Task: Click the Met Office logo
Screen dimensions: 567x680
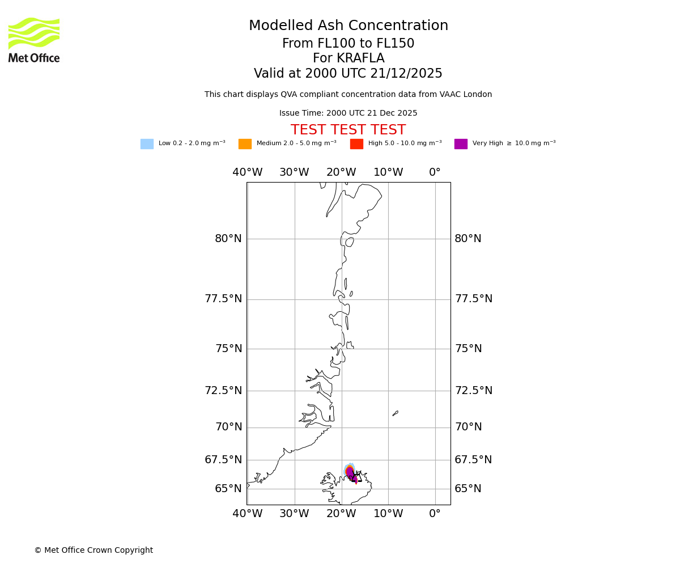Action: coord(34,40)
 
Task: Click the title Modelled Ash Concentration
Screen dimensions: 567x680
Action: coord(348,26)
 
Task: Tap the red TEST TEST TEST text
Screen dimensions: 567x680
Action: coord(348,130)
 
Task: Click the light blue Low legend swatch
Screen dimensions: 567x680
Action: coord(147,144)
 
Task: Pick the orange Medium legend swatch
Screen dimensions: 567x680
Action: coord(245,144)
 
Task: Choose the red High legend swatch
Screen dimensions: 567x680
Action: coord(356,144)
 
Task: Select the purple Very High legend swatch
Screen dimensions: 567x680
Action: coord(461,144)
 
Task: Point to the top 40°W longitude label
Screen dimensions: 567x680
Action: coord(247,172)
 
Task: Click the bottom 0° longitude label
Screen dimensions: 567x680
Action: coord(435,514)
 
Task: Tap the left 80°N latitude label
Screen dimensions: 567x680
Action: coord(228,239)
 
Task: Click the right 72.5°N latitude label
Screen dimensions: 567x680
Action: coord(473,391)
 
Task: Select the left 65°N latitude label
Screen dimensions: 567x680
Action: coord(228,489)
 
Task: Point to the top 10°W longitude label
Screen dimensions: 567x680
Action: coord(388,172)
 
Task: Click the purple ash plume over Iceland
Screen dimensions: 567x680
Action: coord(351,473)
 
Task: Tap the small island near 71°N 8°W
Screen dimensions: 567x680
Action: coord(395,413)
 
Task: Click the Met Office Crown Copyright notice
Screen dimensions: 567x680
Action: coord(93,550)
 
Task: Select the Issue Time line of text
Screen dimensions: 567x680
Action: coord(348,113)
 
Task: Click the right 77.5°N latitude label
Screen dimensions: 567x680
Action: coord(473,299)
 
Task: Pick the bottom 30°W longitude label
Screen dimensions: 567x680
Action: coord(294,514)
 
